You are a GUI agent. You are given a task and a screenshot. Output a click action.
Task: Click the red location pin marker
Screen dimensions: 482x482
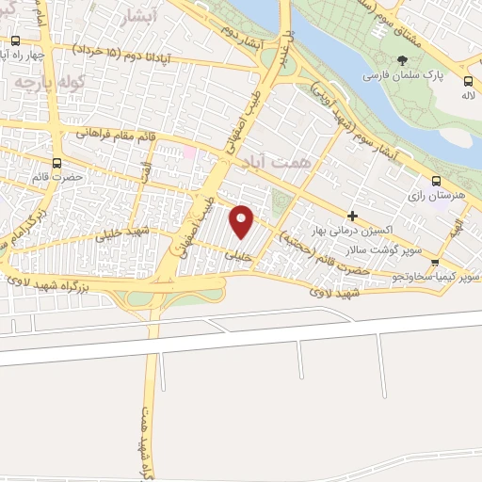[242, 221]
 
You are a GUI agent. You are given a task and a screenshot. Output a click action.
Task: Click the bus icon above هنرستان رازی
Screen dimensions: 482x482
[435, 181]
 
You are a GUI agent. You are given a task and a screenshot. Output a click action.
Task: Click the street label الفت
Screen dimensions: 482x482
[145, 172]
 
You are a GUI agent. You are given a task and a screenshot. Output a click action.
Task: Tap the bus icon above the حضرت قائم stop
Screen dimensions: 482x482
[57, 162]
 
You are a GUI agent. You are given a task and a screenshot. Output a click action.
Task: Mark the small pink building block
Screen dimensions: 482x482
[188, 151]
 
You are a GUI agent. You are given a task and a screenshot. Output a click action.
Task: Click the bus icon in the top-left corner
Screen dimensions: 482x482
[16, 40]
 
